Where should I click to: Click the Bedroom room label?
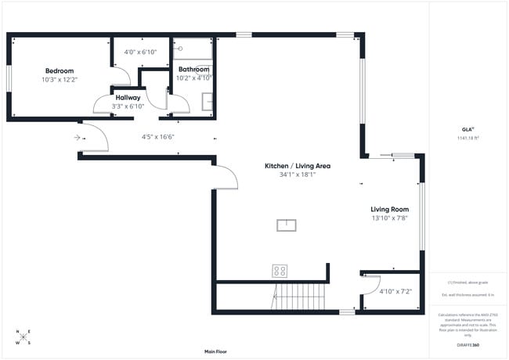click(59, 70)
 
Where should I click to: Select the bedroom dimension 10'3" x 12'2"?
click(60, 79)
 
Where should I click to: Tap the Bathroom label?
click(193, 69)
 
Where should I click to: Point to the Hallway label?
click(128, 98)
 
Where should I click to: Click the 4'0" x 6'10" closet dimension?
click(140, 52)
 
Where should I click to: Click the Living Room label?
click(389, 210)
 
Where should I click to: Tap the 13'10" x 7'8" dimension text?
click(389, 218)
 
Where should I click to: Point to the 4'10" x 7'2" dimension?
click(395, 291)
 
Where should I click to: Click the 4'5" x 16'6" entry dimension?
click(157, 137)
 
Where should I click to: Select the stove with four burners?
click(280, 271)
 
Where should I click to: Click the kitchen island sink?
click(287, 225)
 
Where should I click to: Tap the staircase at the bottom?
click(300, 297)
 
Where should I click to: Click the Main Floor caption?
click(215, 351)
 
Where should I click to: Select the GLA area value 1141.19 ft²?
click(467, 138)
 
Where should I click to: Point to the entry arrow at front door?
click(78, 137)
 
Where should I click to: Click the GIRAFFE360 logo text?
click(468, 344)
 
